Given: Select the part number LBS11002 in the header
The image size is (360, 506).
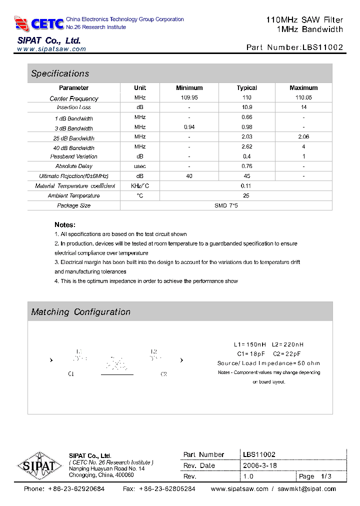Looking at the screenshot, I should click(x=322, y=47).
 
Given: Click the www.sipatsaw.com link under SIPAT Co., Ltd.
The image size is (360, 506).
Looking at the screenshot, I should click(x=51, y=49).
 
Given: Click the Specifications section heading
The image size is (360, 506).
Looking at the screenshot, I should click(x=60, y=73).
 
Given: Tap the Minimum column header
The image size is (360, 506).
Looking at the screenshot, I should click(x=189, y=88).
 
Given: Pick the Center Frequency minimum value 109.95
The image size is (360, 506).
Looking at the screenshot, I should click(x=189, y=98).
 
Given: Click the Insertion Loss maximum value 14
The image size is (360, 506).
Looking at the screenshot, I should click(x=303, y=107).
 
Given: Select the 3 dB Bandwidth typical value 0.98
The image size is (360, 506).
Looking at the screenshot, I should click(x=246, y=127).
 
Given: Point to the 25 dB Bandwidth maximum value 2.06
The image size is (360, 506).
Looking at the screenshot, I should click(x=303, y=137).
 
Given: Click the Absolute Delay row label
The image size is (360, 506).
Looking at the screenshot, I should click(x=74, y=166).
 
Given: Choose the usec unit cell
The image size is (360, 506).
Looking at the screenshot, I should click(x=140, y=166).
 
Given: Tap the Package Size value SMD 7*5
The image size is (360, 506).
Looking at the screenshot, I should click(x=226, y=205).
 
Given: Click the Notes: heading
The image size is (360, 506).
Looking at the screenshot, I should click(x=65, y=225).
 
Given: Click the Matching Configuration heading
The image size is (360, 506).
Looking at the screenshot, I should click(x=80, y=312).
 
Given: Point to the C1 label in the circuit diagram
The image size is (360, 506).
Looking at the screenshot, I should click(x=71, y=374).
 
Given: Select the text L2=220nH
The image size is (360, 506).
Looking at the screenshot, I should click(x=288, y=344).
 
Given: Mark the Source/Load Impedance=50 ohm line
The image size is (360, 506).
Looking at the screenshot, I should click(x=268, y=363).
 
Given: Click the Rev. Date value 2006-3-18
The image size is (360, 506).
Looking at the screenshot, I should click(x=259, y=465).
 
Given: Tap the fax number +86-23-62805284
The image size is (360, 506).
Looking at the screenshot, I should click(x=166, y=489).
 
